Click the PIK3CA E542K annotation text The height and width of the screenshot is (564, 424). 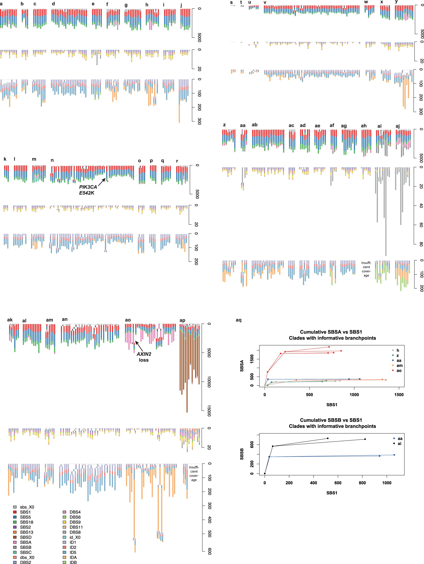(88, 190)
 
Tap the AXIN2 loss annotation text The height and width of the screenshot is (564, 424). (144, 357)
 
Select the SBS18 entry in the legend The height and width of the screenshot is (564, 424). (26, 522)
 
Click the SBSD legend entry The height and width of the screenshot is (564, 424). (26, 537)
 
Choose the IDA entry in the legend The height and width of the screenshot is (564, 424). (73, 557)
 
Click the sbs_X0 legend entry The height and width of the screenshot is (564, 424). (27, 507)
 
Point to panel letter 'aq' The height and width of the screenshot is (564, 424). (238, 320)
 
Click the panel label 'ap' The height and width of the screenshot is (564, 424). (182, 320)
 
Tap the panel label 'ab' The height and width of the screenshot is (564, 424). (254, 125)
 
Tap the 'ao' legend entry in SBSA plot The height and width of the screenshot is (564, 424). (399, 370)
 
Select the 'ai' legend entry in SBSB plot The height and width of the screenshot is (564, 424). (399, 444)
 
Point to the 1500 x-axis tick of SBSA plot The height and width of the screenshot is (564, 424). (399, 395)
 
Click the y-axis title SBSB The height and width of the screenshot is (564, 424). (242, 454)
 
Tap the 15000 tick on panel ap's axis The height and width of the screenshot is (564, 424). (209, 411)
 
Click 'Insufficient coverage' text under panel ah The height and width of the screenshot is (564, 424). (366, 269)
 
